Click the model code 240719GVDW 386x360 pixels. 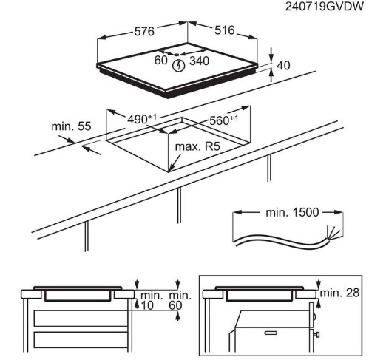pyautogui.click(x=325, y=7)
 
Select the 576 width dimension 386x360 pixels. pyautogui.click(x=144, y=32)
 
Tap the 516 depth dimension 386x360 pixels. pyautogui.click(x=225, y=30)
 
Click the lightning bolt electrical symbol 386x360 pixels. pyautogui.click(x=179, y=66)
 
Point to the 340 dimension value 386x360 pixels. pyautogui.click(x=199, y=61)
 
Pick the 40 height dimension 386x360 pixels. pyautogui.click(x=283, y=66)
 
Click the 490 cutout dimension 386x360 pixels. pyautogui.click(x=142, y=119)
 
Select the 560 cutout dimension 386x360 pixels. pyautogui.click(x=223, y=120)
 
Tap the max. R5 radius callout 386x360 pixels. pyautogui.click(x=197, y=147)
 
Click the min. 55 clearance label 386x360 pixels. pyautogui.click(x=71, y=126)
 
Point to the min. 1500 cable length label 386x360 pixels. pyautogui.click(x=292, y=212)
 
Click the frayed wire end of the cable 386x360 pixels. pyautogui.click(x=334, y=233)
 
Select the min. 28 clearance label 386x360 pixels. pyautogui.click(x=339, y=293)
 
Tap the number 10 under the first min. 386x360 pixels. pyautogui.click(x=147, y=305)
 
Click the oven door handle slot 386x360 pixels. pyautogui.click(x=271, y=333)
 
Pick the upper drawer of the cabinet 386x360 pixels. pyautogui.click(x=81, y=319)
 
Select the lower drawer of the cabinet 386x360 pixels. pyautogui.click(x=81, y=340)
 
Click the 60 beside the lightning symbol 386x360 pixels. pyautogui.click(x=160, y=61)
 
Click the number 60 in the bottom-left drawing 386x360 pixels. pyautogui.click(x=175, y=305)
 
